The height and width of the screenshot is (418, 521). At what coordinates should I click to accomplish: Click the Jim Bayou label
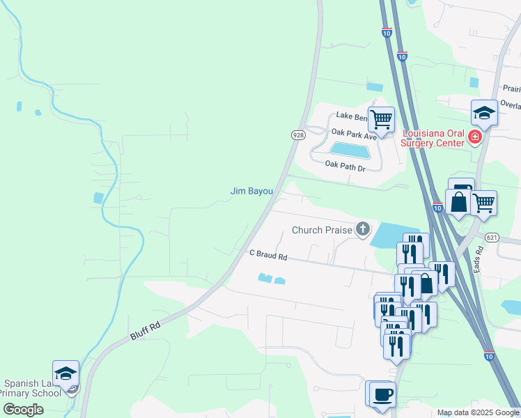(x=251, y=191)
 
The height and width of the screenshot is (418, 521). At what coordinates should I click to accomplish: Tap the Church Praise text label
(x=322, y=230)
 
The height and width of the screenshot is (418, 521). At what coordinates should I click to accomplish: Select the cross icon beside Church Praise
(x=362, y=229)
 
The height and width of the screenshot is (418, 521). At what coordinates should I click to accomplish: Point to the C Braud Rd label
(x=268, y=256)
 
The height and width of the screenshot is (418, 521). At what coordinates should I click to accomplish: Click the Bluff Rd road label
(x=145, y=330)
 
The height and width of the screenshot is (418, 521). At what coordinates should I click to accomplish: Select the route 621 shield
(x=492, y=237)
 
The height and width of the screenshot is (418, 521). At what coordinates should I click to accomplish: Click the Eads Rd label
(x=479, y=259)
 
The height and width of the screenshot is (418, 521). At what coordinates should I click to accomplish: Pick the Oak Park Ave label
(x=354, y=134)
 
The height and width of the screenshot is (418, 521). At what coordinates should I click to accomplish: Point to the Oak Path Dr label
(x=345, y=167)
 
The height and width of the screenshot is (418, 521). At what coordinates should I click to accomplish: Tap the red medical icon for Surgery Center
(x=475, y=137)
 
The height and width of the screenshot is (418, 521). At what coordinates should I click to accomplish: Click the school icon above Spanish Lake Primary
(x=66, y=373)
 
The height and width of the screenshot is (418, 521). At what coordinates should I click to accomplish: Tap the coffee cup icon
(x=382, y=394)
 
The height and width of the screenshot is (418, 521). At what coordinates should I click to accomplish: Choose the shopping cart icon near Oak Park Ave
(x=381, y=119)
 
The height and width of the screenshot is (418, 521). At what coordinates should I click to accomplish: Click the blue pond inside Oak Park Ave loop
(x=350, y=150)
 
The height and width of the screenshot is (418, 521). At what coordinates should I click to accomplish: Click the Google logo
(x=23, y=410)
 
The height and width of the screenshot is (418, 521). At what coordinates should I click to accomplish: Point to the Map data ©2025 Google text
(x=478, y=412)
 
